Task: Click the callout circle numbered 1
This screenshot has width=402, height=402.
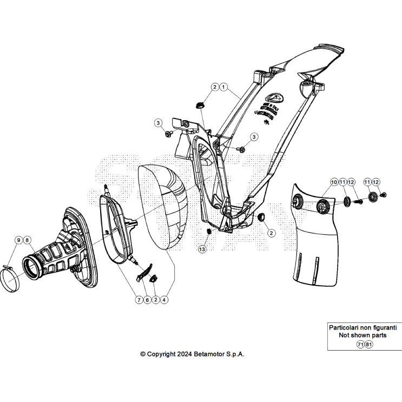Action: pos(223,87)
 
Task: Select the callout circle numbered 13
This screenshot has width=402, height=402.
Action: pos(202,249)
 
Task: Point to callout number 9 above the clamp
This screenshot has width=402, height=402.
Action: pos(18,240)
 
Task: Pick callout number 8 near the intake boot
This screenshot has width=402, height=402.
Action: pos(27,240)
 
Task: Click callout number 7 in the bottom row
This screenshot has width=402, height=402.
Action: pos(139,299)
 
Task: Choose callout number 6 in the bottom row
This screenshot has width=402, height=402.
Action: pos(147,299)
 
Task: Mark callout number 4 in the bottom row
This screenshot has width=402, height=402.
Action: pos(164,299)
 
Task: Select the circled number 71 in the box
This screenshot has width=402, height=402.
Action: pos(360,344)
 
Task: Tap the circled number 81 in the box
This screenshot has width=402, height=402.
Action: pos(368,344)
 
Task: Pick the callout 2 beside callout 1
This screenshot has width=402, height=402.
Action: pos(215,87)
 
